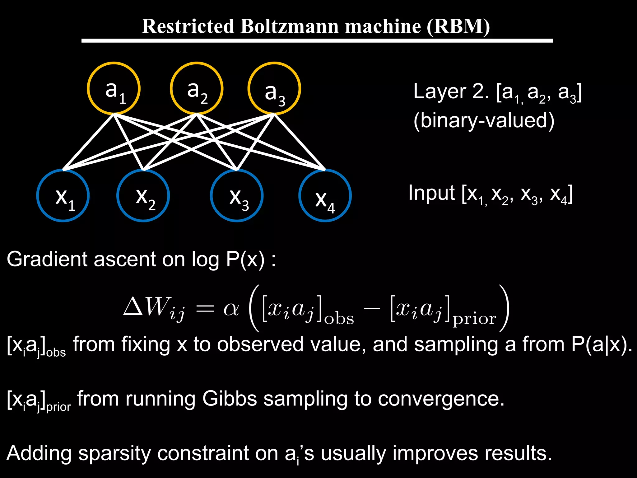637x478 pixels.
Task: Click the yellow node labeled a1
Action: (x=114, y=88)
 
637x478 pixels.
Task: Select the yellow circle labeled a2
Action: (x=197, y=88)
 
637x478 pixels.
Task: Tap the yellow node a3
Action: (x=274, y=88)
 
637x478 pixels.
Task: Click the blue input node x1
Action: (x=63, y=195)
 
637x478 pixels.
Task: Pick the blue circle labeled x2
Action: (x=143, y=195)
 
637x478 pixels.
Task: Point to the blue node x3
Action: (x=237, y=195)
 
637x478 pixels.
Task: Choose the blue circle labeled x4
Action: (x=325, y=195)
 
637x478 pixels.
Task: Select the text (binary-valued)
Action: (x=484, y=121)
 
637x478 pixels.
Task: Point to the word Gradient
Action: (x=47, y=259)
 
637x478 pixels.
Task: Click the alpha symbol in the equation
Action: (x=231, y=309)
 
